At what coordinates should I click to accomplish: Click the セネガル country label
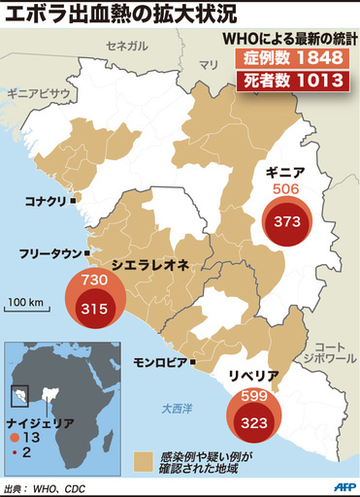pos(128,46)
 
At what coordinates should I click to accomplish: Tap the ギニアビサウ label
pos(37,93)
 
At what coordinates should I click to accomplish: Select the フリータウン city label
pos(49,254)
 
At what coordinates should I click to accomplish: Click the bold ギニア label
pos(286,172)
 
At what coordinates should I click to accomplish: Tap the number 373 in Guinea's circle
pos(286,220)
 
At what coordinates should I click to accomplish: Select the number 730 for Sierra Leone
pos(92,280)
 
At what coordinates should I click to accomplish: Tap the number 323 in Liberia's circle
pos(253,423)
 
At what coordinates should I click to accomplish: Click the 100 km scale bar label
pos(24,303)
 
